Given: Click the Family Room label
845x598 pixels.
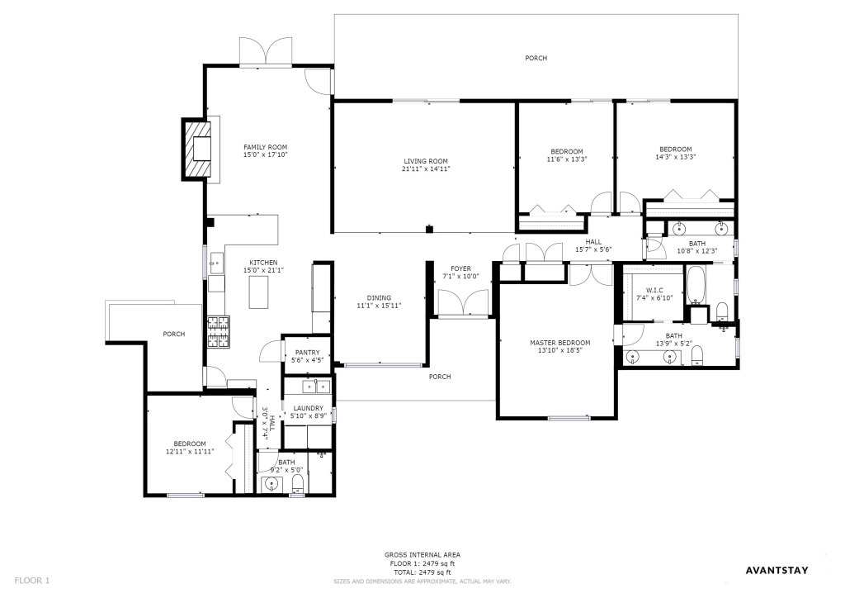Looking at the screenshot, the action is [x=265, y=147].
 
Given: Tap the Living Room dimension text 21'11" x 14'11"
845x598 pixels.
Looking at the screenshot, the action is [x=426, y=168].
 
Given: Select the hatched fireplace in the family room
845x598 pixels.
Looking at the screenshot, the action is [x=196, y=149].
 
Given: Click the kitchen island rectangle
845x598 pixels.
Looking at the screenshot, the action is [x=258, y=292].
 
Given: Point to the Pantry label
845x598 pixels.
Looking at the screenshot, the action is [x=307, y=353].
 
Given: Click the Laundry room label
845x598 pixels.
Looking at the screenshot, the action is [x=309, y=408].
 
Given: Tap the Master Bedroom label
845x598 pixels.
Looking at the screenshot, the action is [x=560, y=343].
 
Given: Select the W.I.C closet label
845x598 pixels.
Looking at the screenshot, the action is [x=654, y=290].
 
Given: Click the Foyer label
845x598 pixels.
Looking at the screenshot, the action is [x=460, y=268].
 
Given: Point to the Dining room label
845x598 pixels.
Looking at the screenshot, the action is [x=379, y=297].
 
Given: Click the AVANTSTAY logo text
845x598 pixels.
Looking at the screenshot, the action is [x=777, y=571].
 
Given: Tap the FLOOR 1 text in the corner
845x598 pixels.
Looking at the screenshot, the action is [x=32, y=581].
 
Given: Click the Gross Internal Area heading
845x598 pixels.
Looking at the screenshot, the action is [x=422, y=555].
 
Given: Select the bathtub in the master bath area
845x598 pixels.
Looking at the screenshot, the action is [x=696, y=285].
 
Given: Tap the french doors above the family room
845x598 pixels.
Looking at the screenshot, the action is [x=267, y=52].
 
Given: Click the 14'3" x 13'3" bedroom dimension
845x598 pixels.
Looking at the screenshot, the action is [x=676, y=157].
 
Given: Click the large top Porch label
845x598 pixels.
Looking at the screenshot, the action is [x=536, y=58].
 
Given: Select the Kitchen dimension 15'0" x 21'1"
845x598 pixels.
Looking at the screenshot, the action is [x=263, y=270].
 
